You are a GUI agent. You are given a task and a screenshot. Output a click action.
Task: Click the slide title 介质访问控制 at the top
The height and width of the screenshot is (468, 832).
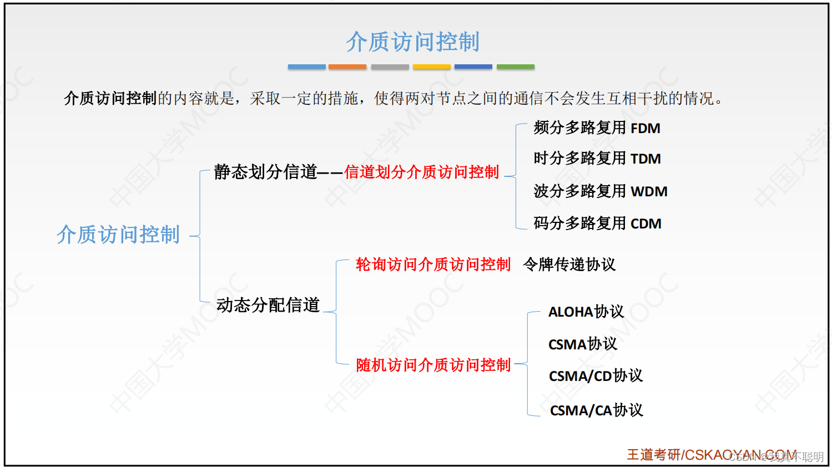click(412, 42)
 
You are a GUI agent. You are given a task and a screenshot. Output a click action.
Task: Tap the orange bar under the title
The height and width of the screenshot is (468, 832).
click(347, 67)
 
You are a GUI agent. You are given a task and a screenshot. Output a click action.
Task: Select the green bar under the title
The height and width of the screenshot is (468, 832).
click(515, 67)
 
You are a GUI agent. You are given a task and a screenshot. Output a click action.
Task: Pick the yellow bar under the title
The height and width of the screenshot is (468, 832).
click(431, 67)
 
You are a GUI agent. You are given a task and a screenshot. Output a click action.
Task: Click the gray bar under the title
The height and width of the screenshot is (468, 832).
click(390, 67)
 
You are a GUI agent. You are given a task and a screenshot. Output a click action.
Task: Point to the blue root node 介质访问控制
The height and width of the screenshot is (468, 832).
click(118, 235)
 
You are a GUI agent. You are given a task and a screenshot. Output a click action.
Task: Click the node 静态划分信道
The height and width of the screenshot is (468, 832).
click(265, 172)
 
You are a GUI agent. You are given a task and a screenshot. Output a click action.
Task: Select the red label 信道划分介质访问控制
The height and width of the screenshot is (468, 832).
click(422, 172)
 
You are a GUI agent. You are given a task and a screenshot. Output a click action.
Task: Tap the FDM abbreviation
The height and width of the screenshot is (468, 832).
click(646, 129)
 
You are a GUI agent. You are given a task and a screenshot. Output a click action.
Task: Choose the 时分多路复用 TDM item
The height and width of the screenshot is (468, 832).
click(597, 159)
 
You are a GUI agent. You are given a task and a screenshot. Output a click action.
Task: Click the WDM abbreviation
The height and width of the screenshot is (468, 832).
click(649, 192)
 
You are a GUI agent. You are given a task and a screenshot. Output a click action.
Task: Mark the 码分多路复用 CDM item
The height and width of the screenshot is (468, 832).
click(597, 223)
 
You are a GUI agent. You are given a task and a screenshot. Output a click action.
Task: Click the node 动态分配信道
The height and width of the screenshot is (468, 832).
click(268, 305)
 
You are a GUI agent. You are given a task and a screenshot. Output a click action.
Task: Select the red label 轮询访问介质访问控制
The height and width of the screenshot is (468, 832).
click(433, 264)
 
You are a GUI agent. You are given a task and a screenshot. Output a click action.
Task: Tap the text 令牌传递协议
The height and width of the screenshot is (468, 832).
click(569, 264)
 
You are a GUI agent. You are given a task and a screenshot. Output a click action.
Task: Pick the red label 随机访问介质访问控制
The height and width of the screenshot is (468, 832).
click(433, 365)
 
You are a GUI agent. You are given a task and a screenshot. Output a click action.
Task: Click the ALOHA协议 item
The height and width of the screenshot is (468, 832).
click(586, 312)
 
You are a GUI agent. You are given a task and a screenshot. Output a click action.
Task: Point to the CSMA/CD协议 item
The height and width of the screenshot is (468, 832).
click(596, 376)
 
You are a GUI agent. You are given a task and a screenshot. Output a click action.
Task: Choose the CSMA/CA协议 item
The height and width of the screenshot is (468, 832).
click(596, 410)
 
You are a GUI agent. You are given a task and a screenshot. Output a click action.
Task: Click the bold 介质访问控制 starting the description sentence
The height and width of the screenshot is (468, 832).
click(110, 98)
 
